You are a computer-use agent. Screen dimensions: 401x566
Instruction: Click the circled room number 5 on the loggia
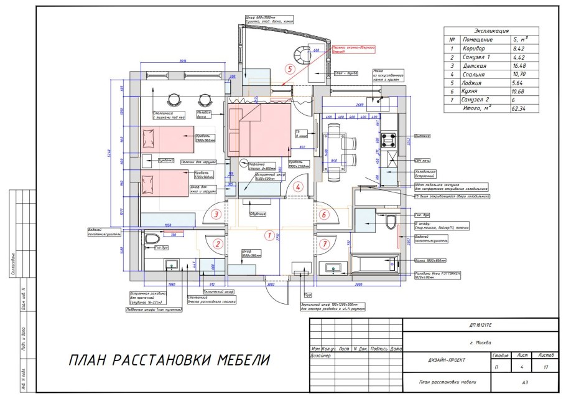pyautogui.click(x=289, y=69)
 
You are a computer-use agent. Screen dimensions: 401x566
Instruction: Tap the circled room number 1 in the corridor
pyautogui.click(x=269, y=235)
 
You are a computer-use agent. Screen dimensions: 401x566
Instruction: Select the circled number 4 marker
pyautogui.click(x=298, y=187)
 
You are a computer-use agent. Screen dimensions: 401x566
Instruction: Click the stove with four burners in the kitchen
pyautogui.click(x=391, y=139)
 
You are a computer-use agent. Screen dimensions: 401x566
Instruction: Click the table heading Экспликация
pyautogui.click(x=491, y=31)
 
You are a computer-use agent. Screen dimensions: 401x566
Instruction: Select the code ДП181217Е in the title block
pyautogui.click(x=479, y=325)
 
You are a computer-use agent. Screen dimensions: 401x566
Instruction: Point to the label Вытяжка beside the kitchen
pyautogui.click(x=422, y=135)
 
